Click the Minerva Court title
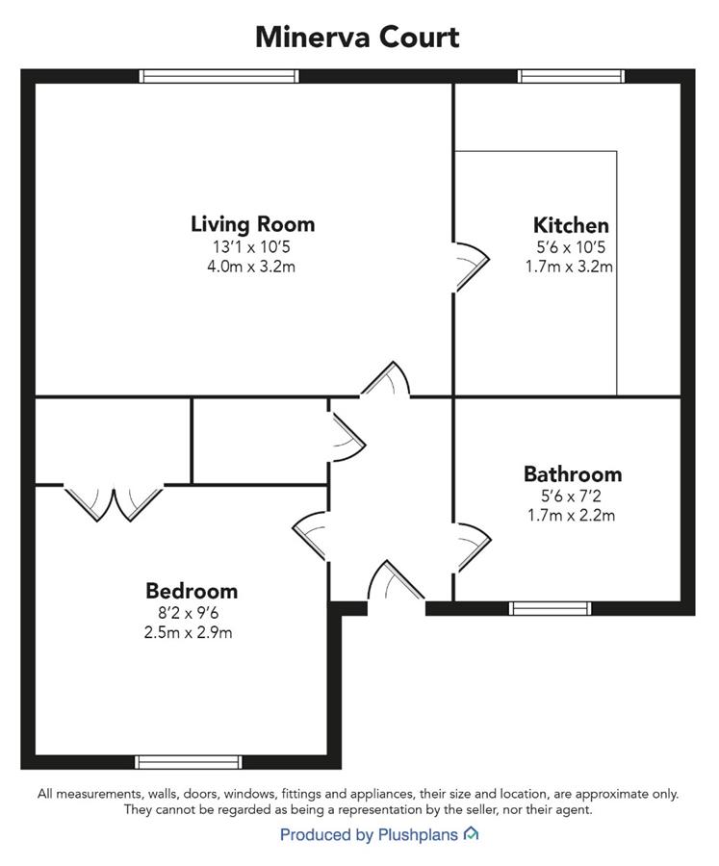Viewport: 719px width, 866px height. (357, 38)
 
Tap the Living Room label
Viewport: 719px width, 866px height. (252, 224)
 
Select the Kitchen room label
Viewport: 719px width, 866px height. (571, 225)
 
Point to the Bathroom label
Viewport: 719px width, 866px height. (573, 473)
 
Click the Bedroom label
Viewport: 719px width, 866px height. (192, 591)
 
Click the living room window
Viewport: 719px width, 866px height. (218, 76)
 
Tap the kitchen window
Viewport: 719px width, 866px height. (571, 76)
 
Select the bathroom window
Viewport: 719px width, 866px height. (550, 609)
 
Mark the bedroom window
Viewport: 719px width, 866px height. (189, 762)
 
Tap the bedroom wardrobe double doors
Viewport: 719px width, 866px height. (114, 503)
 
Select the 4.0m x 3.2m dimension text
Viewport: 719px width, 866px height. (251, 267)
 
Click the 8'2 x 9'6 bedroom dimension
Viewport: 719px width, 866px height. (188, 613)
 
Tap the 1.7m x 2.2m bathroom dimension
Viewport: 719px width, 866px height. (571, 516)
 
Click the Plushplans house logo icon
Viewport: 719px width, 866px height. (471, 833)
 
